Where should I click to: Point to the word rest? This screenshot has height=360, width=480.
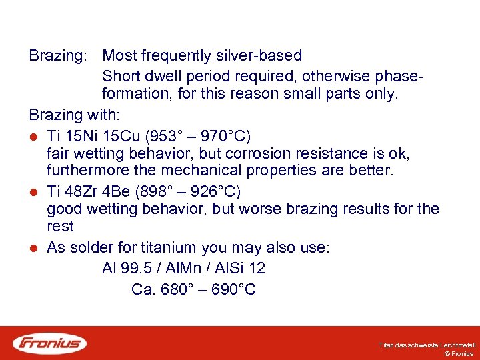(60, 227)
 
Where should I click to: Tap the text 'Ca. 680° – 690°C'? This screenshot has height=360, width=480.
(193, 290)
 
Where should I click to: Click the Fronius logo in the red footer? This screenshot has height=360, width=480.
(50, 343)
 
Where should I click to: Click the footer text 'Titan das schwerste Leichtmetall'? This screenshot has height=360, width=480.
(427, 345)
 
